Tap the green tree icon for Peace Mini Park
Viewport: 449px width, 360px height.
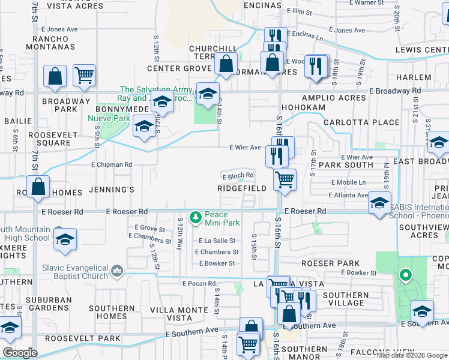click(x=194, y=217)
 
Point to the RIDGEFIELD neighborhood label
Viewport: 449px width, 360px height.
click(x=242, y=188)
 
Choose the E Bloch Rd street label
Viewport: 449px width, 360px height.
click(x=238, y=176)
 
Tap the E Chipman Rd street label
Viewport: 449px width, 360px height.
click(x=111, y=164)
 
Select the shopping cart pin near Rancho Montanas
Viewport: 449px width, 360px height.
click(x=85, y=75)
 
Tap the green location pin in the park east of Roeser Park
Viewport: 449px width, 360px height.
click(x=406, y=276)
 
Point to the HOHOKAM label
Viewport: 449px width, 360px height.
click(x=306, y=107)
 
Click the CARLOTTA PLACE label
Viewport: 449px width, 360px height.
click(x=361, y=122)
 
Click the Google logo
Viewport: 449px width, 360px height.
click(x=20, y=353)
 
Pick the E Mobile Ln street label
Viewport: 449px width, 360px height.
click(x=348, y=182)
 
